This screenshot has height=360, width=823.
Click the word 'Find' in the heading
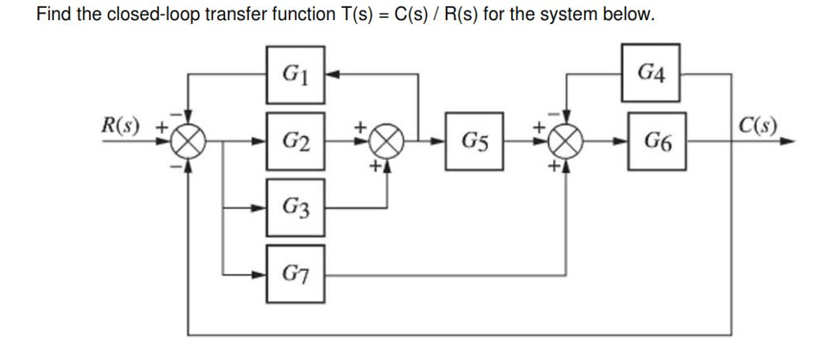pyautogui.click(x=54, y=15)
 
